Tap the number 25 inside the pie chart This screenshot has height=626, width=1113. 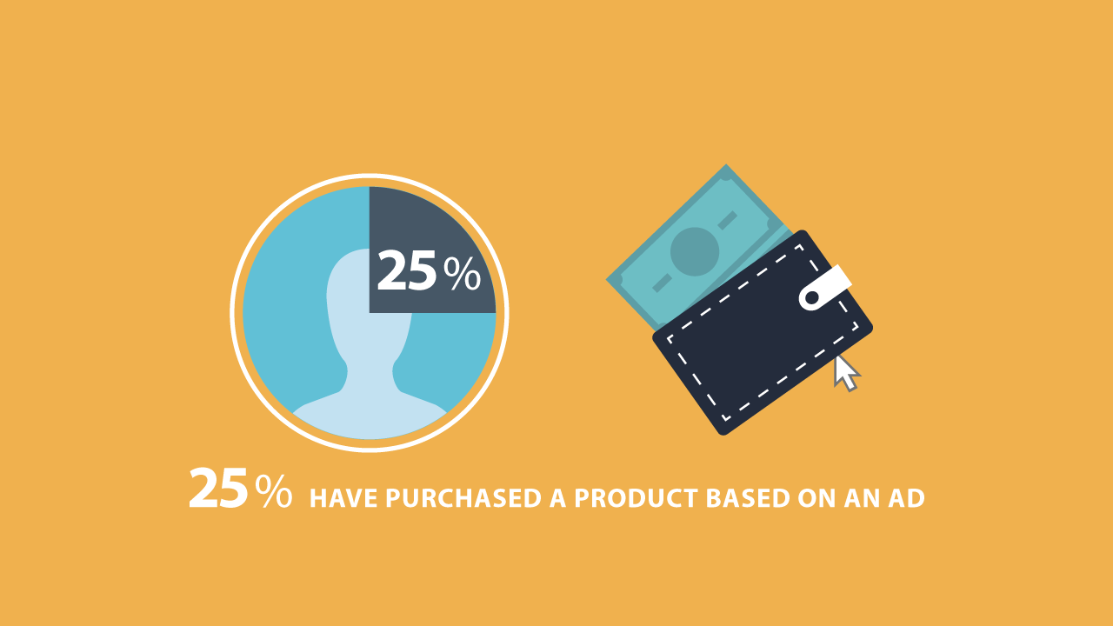tap(407, 270)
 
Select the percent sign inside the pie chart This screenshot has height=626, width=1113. tap(462, 274)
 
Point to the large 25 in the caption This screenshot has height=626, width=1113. tap(217, 489)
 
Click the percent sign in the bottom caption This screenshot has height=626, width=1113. tap(273, 491)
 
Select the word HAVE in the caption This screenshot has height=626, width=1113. tap(343, 498)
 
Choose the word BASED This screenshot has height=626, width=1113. tap(748, 498)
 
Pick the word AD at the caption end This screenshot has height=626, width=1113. tap(906, 498)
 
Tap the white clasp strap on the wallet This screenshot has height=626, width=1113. tap(825, 288)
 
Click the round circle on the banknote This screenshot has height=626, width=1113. tap(695, 252)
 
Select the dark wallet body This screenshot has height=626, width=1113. tap(763, 333)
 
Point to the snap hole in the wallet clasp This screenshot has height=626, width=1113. tap(812, 297)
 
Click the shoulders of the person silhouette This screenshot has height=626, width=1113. tap(370, 415)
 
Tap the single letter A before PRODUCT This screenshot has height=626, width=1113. tap(558, 498)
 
